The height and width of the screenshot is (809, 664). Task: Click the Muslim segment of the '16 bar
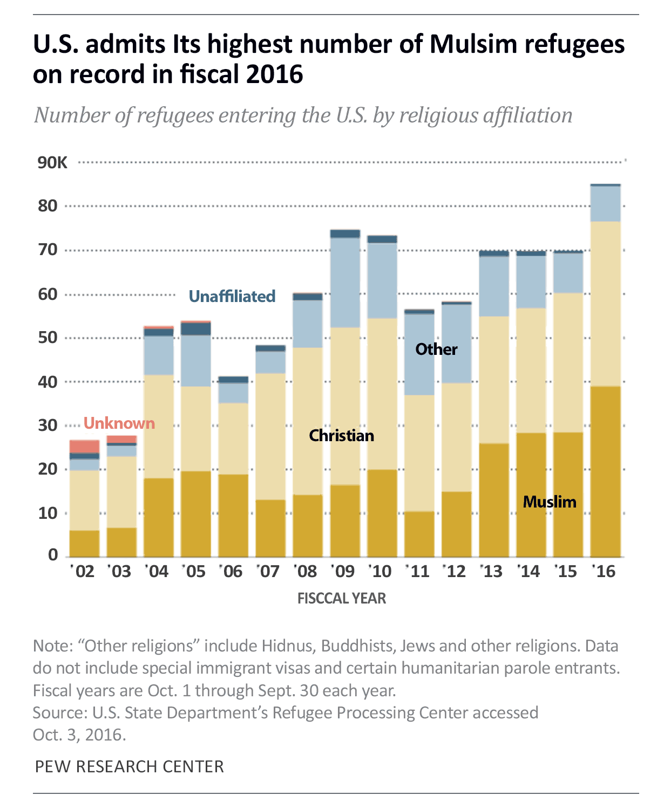[605, 471]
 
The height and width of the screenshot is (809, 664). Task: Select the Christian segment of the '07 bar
[270, 436]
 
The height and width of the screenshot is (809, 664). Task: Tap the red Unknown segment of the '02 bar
[84, 447]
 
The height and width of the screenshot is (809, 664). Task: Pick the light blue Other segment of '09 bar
[345, 283]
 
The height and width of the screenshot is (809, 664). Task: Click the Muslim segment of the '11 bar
[419, 534]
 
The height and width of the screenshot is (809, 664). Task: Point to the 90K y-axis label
[52, 162]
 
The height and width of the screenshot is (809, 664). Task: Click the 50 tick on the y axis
[48, 338]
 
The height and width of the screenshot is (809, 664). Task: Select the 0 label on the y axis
[53, 555]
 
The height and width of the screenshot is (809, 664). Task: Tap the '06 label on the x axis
[232, 571]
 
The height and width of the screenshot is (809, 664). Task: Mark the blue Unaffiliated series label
[232, 296]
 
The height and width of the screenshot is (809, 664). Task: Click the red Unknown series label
[119, 423]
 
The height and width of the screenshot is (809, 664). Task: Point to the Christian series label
[341, 435]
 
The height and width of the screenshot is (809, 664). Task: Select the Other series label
[436, 349]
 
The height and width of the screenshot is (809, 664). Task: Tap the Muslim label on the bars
[550, 502]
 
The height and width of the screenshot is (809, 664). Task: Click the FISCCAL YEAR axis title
[342, 599]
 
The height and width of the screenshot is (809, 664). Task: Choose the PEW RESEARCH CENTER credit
[129, 766]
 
